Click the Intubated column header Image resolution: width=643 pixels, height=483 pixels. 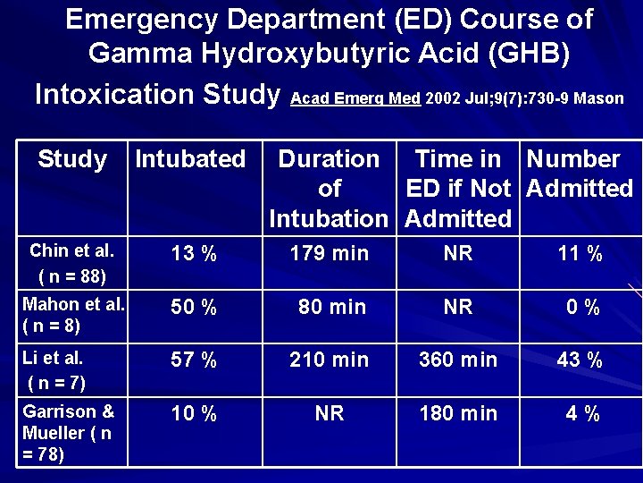189,159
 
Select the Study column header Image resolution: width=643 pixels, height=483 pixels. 72,159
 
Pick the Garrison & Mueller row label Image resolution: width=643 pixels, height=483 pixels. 68,433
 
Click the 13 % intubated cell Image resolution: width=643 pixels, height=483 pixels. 194,254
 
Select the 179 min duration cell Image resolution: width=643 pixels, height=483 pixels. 329,253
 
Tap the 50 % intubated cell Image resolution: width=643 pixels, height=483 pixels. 194,308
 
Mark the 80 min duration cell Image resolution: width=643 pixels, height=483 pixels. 331,307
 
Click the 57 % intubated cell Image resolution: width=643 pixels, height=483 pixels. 194,360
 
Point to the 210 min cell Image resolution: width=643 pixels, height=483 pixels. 329,360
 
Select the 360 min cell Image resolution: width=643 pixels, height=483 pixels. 458,360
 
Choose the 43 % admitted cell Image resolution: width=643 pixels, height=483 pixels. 580,360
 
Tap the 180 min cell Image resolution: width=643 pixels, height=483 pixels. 458,413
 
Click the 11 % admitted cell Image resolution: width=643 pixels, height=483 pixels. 580,254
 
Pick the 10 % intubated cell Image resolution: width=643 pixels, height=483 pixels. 194,414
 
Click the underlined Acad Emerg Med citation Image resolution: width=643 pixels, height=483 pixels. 355,98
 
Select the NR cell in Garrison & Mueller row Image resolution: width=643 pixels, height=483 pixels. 329,413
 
